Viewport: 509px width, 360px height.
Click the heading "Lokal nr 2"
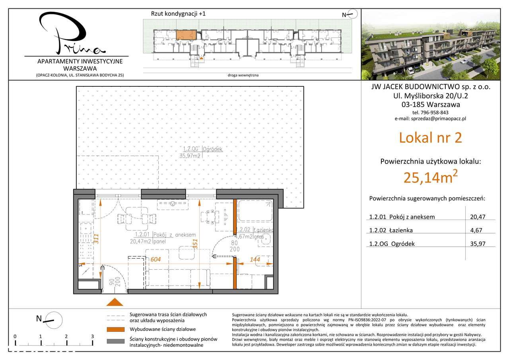point(430,138)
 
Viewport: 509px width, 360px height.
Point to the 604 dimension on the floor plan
point(156,259)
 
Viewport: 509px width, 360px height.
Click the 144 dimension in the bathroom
point(255,259)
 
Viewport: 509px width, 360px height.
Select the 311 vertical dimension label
point(95,237)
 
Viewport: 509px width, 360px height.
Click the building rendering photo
point(430,45)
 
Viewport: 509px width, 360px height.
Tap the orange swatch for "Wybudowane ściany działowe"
point(115,329)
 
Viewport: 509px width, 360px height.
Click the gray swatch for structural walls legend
point(115,341)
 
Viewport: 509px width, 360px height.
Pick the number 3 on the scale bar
point(92,337)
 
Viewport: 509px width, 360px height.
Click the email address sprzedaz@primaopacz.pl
point(430,119)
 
